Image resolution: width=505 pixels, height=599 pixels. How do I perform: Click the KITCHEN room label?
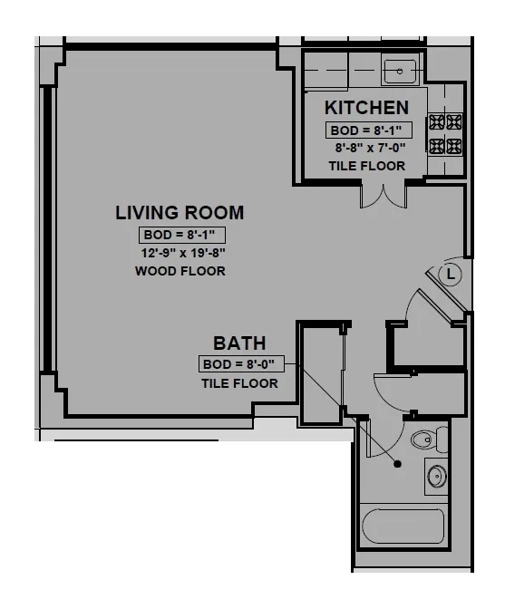366,107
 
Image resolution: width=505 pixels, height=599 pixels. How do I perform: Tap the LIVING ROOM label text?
180,213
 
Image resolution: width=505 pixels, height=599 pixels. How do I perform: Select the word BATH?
239,343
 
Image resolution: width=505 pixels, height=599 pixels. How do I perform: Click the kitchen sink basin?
399,70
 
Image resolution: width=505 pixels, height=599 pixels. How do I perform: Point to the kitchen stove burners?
445,133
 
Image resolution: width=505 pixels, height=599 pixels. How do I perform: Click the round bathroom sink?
437,476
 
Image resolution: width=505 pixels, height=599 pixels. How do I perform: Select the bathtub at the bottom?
403,526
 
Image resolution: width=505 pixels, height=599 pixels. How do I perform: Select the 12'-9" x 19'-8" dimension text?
180,253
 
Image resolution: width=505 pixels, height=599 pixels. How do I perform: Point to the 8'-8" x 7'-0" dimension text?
368,147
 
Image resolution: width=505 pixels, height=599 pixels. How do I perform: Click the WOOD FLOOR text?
180,271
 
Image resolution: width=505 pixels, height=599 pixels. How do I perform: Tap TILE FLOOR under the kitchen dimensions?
366,166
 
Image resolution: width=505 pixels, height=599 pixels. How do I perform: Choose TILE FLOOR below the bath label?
239,383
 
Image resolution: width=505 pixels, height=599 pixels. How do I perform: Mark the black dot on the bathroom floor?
397,464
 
